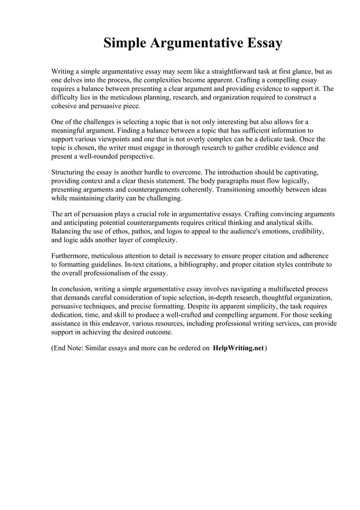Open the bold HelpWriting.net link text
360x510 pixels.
[238, 348]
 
